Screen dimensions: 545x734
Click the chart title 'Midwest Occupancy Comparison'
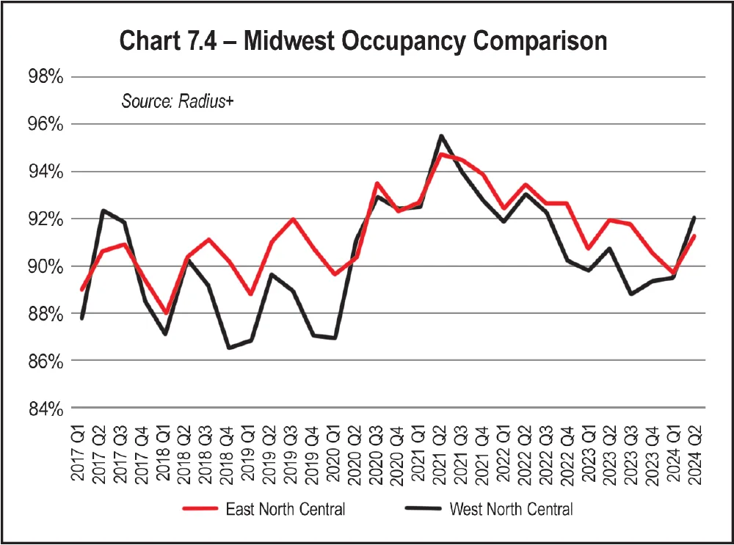tap(426, 41)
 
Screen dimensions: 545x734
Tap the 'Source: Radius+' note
tap(177, 101)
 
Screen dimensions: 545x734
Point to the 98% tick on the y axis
tap(46, 77)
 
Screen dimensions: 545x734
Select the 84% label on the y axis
tap(46, 409)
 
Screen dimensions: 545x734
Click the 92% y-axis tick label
tap(46, 219)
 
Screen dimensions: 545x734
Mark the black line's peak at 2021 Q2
tap(440, 136)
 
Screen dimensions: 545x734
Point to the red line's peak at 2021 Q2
tap(440, 154)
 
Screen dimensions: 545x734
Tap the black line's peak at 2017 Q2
tap(102, 211)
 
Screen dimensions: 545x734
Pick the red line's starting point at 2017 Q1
tap(81, 290)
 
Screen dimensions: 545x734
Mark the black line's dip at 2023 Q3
tap(631, 293)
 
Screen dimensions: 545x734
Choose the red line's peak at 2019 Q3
tap(293, 219)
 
